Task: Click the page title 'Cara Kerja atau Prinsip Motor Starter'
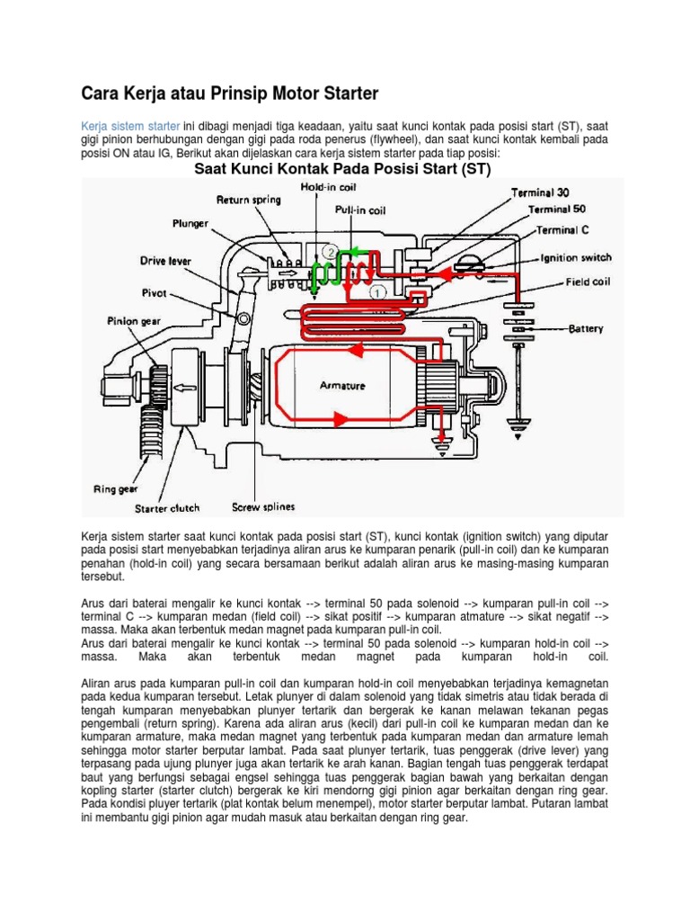[230, 93]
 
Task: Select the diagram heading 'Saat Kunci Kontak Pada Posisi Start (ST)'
[343, 169]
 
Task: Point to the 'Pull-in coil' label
[360, 210]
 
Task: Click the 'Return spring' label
[248, 200]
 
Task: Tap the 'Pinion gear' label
[136, 319]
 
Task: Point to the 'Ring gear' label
[115, 490]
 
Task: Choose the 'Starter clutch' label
[167, 508]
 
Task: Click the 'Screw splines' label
[263, 506]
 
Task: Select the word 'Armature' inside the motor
[343, 385]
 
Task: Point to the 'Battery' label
[586, 329]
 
